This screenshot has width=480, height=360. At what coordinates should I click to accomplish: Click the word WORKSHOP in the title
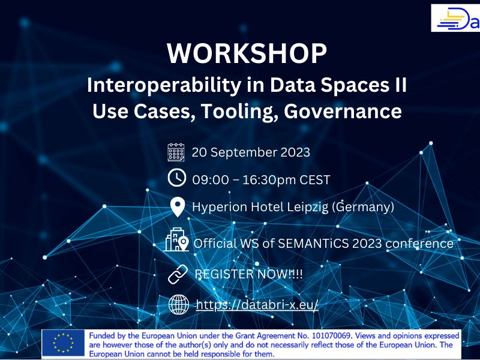247,53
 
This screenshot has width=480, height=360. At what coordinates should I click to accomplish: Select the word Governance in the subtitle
343,111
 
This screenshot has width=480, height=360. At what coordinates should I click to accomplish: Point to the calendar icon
176,152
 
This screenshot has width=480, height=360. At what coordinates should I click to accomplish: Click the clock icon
177,178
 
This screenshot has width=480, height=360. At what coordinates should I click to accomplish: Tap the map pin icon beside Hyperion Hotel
178,207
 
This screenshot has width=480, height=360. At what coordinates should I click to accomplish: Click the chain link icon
178,274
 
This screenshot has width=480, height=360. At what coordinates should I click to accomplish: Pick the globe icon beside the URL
179,305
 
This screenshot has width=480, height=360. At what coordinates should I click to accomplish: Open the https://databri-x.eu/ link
257,305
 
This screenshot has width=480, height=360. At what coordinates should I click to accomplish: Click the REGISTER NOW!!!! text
248,274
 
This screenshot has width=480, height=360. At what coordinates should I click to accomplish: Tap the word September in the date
244,153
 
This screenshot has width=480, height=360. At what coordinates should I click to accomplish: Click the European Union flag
63,343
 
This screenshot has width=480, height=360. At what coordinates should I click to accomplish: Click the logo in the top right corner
455,18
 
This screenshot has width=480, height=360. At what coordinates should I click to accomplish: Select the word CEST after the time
314,179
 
